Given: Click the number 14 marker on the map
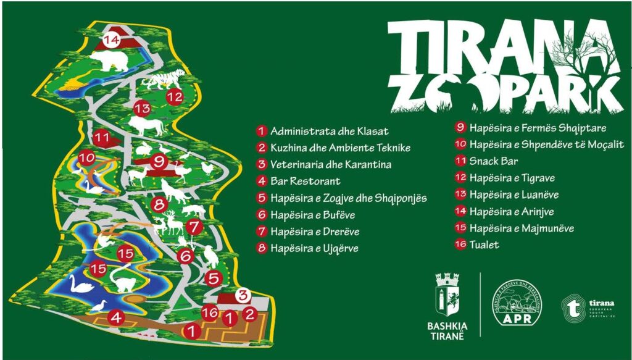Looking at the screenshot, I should [x=111, y=41].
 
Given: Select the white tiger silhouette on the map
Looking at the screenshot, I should [x=164, y=79].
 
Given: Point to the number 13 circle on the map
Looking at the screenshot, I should [x=143, y=108].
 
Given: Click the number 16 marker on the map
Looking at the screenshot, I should [x=210, y=313].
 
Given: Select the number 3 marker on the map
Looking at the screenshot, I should [x=243, y=295].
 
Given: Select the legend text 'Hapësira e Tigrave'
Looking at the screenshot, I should [x=512, y=178].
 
